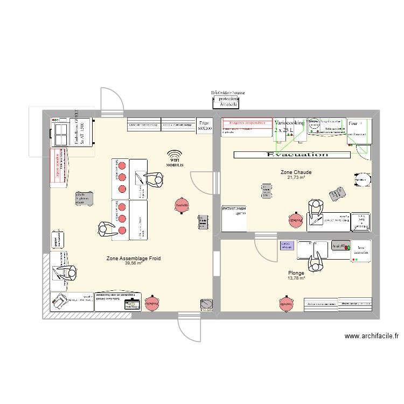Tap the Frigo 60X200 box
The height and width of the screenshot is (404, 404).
coord(205,126)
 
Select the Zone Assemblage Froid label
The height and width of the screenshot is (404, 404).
coord(134,259)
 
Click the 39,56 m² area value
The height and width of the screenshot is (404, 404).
coord(134,263)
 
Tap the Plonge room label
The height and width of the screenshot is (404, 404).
coord(296,273)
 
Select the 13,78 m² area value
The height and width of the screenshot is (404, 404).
coord(296,278)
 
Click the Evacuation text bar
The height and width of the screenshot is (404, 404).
coord(291,155)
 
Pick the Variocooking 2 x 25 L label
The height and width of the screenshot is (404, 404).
coord(290,127)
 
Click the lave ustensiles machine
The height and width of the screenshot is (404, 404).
coord(360,250)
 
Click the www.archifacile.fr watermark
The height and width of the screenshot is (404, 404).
coord(371,336)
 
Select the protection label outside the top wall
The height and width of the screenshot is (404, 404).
coord(228,99)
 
